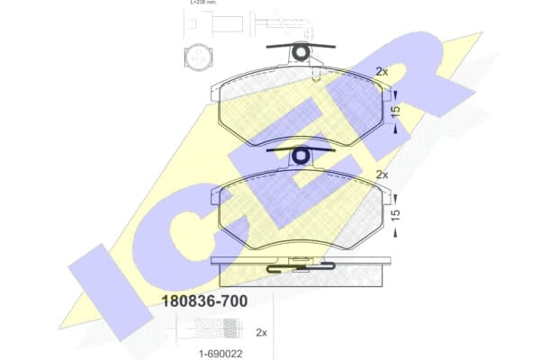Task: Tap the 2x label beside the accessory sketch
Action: click(x=262, y=332)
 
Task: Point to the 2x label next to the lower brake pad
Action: click(x=382, y=175)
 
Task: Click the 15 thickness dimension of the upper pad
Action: click(x=395, y=111)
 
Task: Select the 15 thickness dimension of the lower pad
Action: click(x=395, y=216)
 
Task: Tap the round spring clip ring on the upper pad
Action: click(x=301, y=53)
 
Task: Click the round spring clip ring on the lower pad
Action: click(x=301, y=157)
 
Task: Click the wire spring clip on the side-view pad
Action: click(x=301, y=265)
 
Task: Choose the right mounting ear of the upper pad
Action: click(x=387, y=93)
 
